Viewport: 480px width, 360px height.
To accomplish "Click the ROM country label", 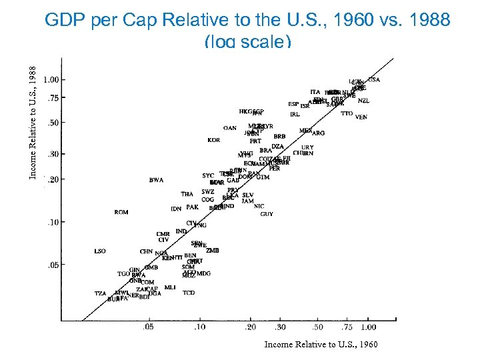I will click(x=121, y=213).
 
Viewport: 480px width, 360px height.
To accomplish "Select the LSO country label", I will click(x=100, y=251).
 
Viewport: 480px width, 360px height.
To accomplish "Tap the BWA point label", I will click(x=156, y=180).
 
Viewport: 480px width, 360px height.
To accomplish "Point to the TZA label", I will click(x=100, y=293).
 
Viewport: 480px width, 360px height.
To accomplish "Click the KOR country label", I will click(x=213, y=141).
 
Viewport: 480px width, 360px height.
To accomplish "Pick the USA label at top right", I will click(x=374, y=79).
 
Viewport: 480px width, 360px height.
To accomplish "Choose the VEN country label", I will click(x=361, y=117).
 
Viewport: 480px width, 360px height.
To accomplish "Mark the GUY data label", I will click(x=267, y=215).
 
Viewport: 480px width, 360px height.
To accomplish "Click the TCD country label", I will click(x=189, y=293).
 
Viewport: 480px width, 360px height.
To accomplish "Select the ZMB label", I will click(x=212, y=251).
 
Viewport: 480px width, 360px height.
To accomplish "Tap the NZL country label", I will click(x=363, y=101).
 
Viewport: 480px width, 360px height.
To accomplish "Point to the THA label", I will click(x=187, y=194).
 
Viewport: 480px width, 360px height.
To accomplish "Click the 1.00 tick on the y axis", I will click(x=51, y=79).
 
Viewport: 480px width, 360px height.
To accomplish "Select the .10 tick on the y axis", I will click(x=51, y=222).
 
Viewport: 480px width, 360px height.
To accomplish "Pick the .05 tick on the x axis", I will click(x=148, y=327).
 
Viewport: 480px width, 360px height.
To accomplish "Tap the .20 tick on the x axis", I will click(x=250, y=327).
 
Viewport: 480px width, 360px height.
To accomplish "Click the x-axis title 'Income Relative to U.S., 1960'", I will click(x=321, y=345).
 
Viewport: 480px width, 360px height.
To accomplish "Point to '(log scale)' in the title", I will click(x=247, y=41).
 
